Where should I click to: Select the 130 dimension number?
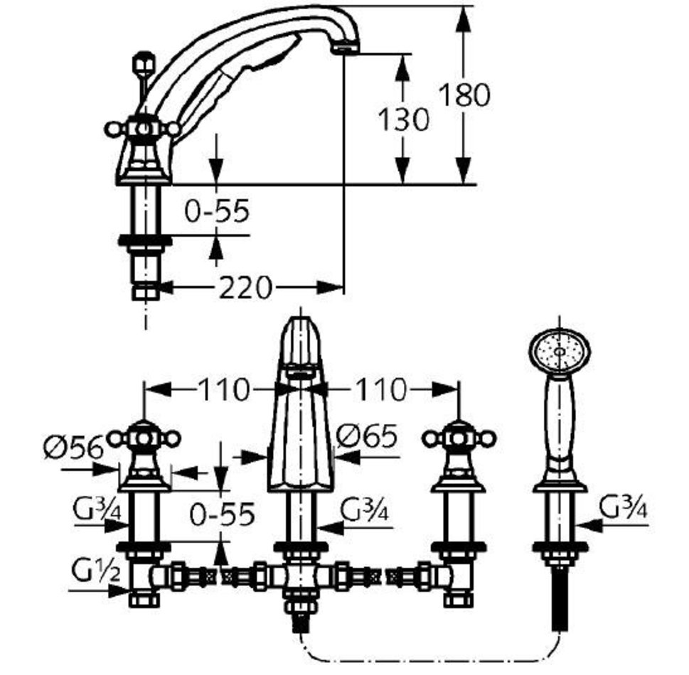coord(403,119)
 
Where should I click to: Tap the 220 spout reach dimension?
coord(245,288)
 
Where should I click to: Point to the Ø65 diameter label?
coord(367,436)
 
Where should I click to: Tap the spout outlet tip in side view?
coord(346,48)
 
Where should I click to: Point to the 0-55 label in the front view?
coord(222,515)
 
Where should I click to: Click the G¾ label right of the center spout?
coord(365,509)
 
